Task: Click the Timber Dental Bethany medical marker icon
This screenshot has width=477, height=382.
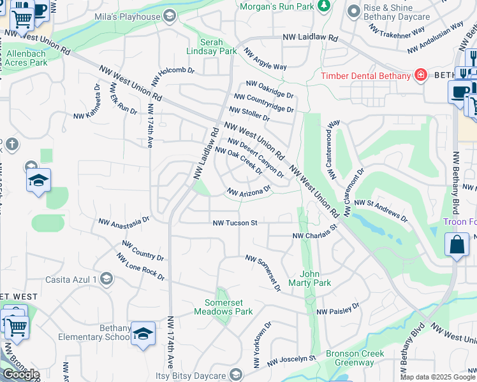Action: pos(420,76)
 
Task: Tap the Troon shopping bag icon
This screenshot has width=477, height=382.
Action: pos(457,245)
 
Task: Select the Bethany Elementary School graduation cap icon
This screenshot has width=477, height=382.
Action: pos(143,334)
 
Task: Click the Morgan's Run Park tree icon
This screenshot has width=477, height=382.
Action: pos(325,6)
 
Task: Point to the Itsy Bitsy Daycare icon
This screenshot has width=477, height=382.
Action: pos(236,374)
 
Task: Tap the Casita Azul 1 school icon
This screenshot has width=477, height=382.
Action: pos(106,279)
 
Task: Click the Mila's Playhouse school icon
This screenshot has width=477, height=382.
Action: pos(169,16)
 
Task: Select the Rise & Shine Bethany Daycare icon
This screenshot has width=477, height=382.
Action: pos(353,11)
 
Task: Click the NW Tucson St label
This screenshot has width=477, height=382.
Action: pos(235,223)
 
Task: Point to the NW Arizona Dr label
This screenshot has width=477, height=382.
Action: pos(249,191)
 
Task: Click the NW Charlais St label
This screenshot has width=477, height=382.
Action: pos(314,235)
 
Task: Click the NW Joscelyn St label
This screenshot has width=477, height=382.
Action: pos(291,360)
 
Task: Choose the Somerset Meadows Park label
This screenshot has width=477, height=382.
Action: pos(228,307)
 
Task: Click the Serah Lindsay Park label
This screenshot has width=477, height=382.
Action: pos(211,46)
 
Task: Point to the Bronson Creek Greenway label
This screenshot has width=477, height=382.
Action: pos(355,358)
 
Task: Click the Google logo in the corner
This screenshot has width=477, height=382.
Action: pos(20,374)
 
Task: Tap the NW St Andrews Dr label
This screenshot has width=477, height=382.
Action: pos(381,209)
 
